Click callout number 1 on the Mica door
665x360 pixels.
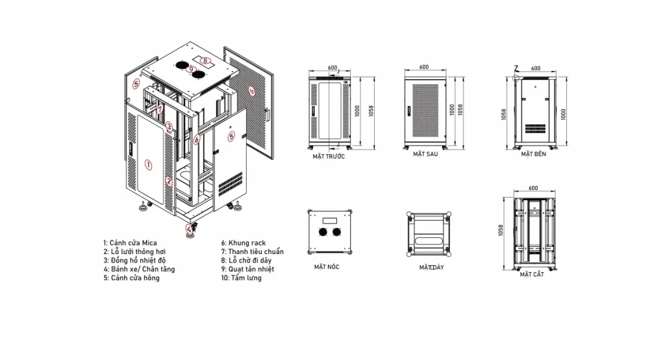point(149,164)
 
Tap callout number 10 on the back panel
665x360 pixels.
point(251,91)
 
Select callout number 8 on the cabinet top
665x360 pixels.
point(205,60)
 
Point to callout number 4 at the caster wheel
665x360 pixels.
point(190,229)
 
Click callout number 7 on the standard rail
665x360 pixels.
point(160,109)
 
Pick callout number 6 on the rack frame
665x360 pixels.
point(197,139)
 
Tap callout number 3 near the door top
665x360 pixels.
point(169,127)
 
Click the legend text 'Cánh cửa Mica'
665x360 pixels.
point(133,243)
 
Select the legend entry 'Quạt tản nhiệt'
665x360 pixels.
point(251,269)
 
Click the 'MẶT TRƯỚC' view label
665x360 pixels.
point(329,157)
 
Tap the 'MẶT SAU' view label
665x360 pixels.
point(425,154)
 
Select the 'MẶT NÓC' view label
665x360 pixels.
point(327,267)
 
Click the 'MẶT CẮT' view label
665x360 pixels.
point(532,275)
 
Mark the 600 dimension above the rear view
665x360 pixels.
point(424,67)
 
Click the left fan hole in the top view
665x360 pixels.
point(323,232)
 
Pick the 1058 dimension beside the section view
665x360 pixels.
point(501,231)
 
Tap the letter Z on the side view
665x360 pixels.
point(516,68)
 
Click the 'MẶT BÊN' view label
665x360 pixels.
point(534,154)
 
